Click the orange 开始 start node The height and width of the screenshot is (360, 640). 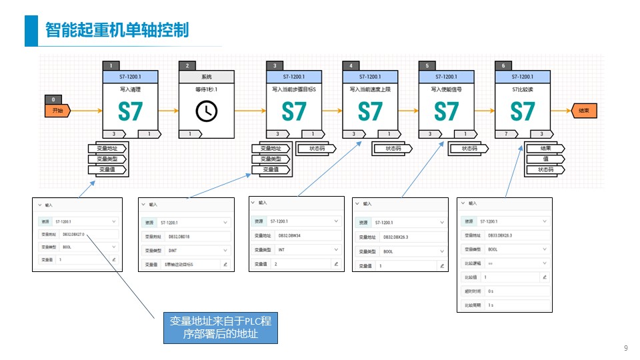[57, 111]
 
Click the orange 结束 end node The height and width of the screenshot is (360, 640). [583, 111]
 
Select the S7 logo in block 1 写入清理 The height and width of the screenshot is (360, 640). [131, 111]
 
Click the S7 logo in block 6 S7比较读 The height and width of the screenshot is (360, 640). [523, 111]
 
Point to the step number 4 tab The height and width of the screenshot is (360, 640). [351, 65]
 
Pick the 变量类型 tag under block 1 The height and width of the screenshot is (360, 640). [107, 159]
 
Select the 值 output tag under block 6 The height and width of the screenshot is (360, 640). [545, 159]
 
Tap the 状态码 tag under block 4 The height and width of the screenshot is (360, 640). [393, 149]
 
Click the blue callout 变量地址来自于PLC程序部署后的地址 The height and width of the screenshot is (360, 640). [220, 328]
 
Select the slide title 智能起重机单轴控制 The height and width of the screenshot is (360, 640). [117, 31]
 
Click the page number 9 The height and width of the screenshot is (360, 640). [625, 348]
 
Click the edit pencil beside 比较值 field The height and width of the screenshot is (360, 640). [545, 277]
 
